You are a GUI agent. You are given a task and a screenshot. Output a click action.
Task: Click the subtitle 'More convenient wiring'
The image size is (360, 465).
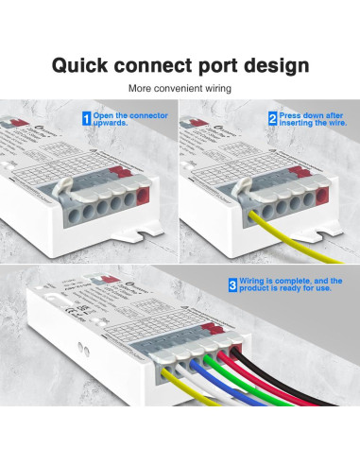click(x=180, y=89)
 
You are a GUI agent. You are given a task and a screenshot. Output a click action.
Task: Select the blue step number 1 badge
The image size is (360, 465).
click(x=86, y=119)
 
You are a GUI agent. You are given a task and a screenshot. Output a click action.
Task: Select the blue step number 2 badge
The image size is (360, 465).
click(x=272, y=119)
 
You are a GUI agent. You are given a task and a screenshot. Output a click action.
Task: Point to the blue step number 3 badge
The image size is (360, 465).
click(x=233, y=284)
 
